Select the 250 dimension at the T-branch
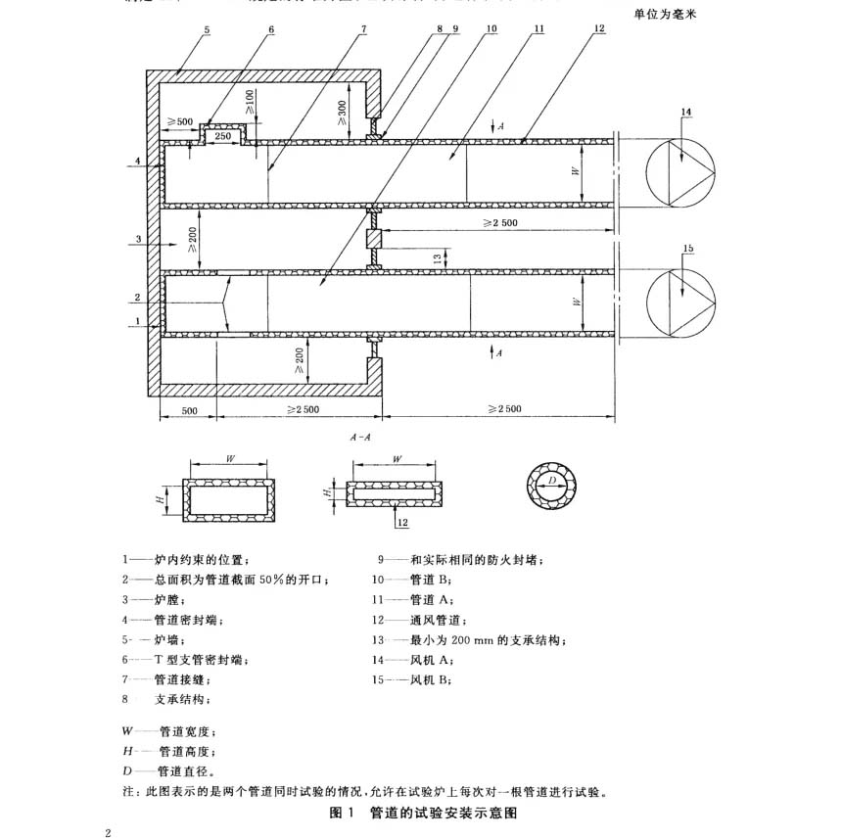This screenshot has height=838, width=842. click(223, 136)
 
